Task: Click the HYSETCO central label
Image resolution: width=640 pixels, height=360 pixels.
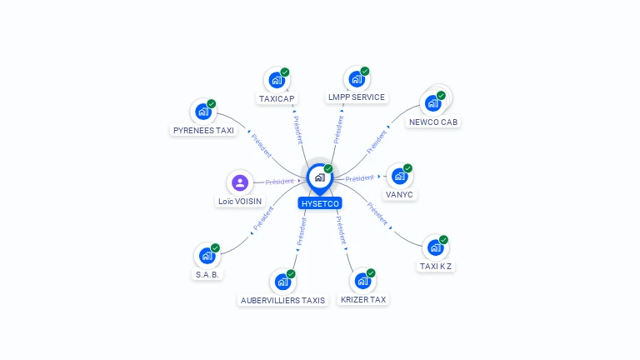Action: click(320, 203)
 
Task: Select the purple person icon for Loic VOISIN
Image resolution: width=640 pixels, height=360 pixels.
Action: click(240, 182)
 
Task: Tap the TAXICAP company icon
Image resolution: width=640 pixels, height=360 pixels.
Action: click(276, 80)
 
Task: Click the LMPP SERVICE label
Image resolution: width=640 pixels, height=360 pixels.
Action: click(357, 97)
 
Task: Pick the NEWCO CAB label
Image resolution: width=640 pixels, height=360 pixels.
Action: click(434, 122)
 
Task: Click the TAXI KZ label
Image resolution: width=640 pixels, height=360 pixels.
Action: click(436, 267)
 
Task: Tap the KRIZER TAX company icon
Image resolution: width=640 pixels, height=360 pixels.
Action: click(362, 281)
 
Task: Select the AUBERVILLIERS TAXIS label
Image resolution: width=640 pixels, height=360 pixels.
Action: click(282, 300)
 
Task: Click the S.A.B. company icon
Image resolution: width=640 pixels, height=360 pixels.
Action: click(207, 256)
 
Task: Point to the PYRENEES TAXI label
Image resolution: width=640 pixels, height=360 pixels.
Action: click(203, 130)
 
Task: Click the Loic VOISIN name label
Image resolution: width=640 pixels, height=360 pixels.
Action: click(240, 202)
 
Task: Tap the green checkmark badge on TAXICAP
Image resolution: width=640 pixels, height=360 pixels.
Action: click(285, 72)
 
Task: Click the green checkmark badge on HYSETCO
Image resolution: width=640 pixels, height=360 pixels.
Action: click(328, 169)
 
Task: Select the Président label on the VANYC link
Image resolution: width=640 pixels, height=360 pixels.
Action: click(360, 177)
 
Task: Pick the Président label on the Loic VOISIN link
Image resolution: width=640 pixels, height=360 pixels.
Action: click(279, 181)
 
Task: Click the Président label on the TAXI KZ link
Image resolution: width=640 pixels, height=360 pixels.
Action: click(377, 215)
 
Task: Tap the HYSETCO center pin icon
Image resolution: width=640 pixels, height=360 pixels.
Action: click(318, 177)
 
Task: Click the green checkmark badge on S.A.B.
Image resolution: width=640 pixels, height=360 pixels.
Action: click(216, 248)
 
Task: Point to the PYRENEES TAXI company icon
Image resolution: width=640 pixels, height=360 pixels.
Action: click(202, 111)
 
